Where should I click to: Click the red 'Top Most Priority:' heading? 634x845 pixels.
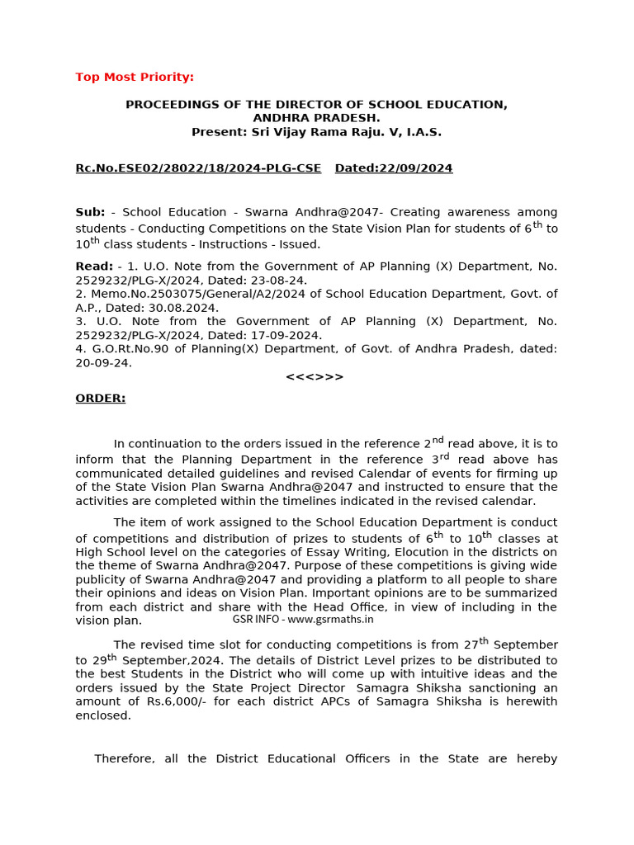135,77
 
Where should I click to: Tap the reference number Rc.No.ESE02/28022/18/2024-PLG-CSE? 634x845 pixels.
198,168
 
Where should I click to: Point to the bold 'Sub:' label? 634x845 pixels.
90,212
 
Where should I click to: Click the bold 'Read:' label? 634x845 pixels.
94,267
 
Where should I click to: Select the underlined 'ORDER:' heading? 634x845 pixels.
101,399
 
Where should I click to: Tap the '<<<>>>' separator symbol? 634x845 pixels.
315,377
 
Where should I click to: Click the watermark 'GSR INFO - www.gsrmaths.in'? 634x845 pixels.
303,619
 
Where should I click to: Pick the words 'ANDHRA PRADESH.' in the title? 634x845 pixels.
316,118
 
